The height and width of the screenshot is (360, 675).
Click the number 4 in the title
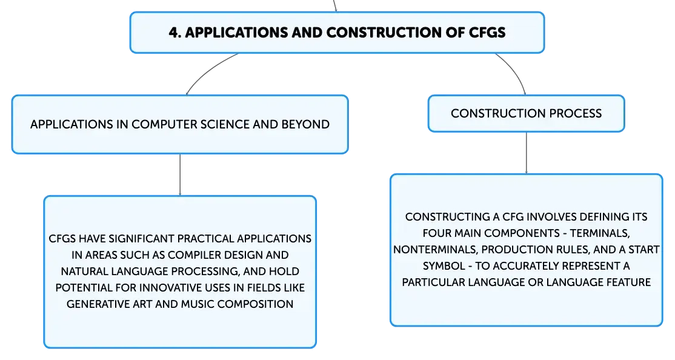click(173, 33)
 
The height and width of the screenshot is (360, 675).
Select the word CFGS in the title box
click(487, 33)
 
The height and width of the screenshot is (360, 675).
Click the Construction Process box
click(526, 113)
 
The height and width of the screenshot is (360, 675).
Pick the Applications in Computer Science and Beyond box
click(180, 124)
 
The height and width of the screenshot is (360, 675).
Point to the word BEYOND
click(305, 124)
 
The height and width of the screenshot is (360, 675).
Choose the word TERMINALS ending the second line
click(600, 233)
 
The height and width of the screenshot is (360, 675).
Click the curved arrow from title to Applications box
click(207, 70)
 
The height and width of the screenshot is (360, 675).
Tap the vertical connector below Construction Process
click(526, 153)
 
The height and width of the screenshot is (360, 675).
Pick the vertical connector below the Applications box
click(180, 175)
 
